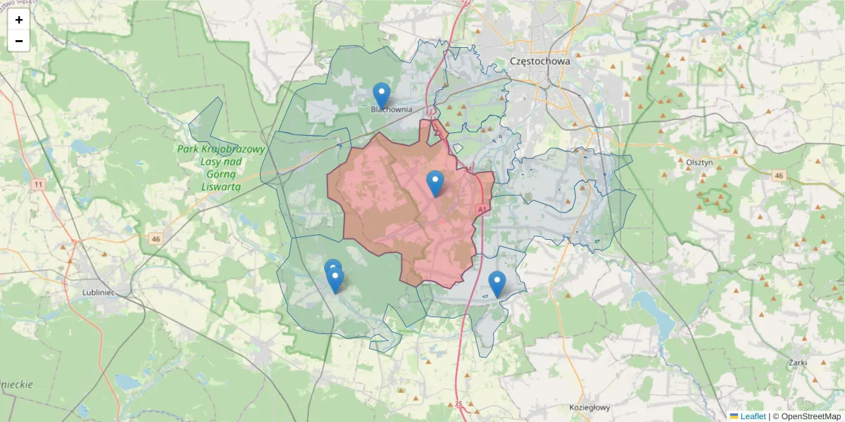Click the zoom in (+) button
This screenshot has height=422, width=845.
point(19,20)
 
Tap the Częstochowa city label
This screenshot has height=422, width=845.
point(539,61)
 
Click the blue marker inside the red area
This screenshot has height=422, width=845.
point(435,183)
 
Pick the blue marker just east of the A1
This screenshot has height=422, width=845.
point(497,283)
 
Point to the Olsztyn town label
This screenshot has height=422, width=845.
point(699,161)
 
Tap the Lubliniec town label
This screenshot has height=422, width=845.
point(98,291)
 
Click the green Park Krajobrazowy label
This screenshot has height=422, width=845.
point(220,167)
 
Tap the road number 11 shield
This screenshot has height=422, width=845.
point(37,184)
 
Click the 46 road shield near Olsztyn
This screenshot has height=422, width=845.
point(778,175)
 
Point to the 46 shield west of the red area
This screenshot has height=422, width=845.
point(156,239)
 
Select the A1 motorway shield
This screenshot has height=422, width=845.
point(482,210)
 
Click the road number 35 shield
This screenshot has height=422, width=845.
point(458,404)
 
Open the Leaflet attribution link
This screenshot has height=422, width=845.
point(752,416)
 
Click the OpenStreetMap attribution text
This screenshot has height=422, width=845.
point(809,416)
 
